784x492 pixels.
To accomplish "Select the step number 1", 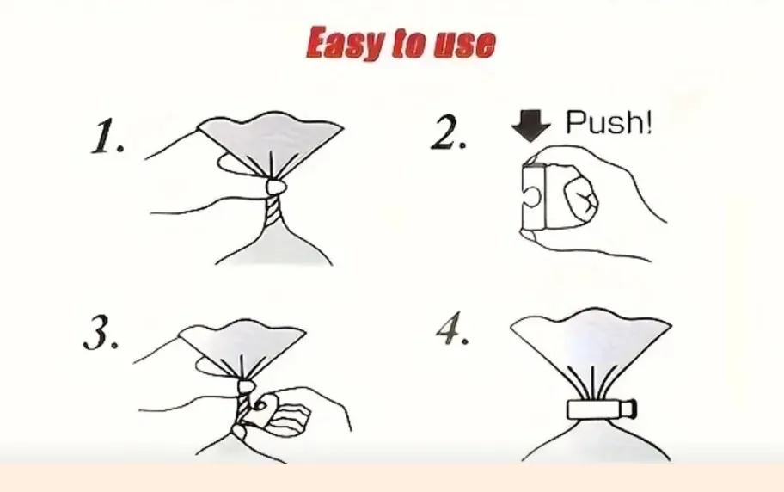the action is coord(107,136).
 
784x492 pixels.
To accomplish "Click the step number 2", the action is coord(448,132).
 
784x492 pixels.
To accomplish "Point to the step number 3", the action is coord(101,332).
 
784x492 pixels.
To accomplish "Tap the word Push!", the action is coord(609,122).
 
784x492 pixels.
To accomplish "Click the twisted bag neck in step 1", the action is coord(273,209).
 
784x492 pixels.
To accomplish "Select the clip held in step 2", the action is coord(533,196).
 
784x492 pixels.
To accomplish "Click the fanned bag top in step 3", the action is coord(242,346).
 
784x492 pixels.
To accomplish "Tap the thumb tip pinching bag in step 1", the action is coord(277,187).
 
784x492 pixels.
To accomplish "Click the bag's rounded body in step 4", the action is coord(595,442).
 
